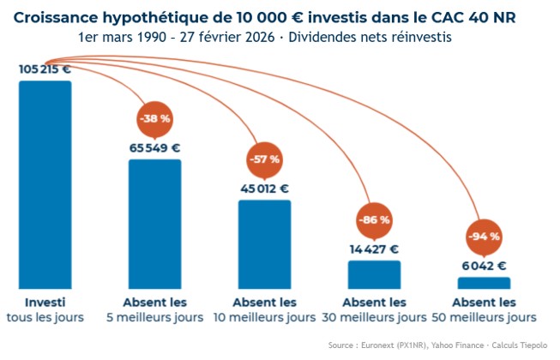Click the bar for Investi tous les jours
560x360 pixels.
[x=45, y=184]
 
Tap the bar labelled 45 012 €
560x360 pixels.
[x=265, y=243]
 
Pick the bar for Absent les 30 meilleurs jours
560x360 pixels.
[x=374, y=274]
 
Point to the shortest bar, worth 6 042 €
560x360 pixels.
[x=484, y=282]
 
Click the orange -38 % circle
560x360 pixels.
[x=155, y=119]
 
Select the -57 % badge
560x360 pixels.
[x=264, y=159]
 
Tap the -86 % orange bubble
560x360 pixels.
[x=374, y=220]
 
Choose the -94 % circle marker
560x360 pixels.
[x=484, y=236]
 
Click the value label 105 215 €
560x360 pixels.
[x=45, y=69]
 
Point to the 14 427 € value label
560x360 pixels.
[x=374, y=249]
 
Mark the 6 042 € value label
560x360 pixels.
[x=484, y=266]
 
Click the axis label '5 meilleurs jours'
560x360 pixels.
[x=155, y=318]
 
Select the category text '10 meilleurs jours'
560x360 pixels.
[x=264, y=318]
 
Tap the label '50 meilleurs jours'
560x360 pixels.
[x=484, y=318]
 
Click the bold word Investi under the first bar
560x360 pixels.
[x=45, y=303]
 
